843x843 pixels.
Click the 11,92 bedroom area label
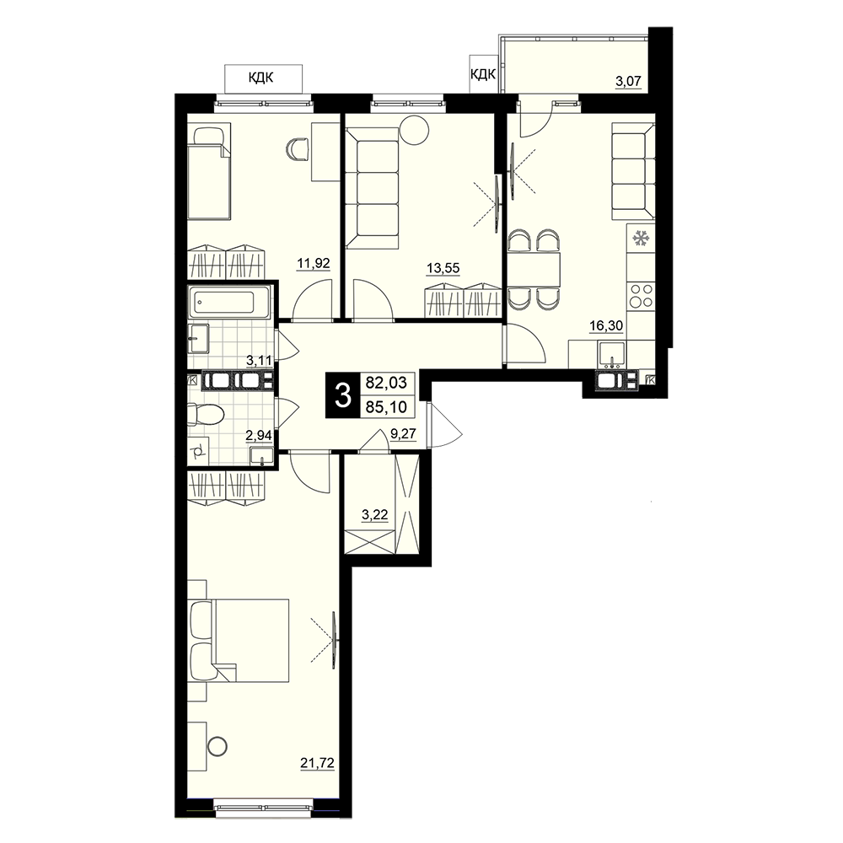click(x=314, y=264)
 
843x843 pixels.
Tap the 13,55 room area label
click(x=443, y=268)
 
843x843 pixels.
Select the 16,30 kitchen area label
click(x=606, y=325)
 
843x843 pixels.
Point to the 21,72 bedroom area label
click(x=318, y=762)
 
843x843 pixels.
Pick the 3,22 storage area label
click(x=375, y=515)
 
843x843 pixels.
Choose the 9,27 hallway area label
click(x=403, y=433)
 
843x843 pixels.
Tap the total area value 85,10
click(x=386, y=407)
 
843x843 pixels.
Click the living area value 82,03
click(x=386, y=383)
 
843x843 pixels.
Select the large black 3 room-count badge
click(x=342, y=395)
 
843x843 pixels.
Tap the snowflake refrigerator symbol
click(x=640, y=237)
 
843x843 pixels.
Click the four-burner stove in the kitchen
click(x=641, y=296)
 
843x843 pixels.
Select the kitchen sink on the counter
click(x=612, y=353)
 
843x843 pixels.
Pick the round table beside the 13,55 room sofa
click(x=414, y=130)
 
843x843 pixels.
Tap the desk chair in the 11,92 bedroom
click(x=298, y=149)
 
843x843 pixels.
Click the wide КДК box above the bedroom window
click(x=263, y=78)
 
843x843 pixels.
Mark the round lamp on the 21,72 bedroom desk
click(x=217, y=746)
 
